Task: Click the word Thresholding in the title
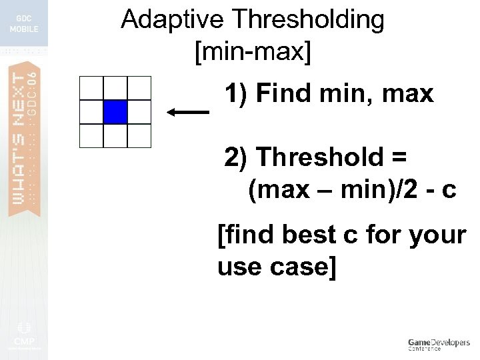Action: (x=309, y=20)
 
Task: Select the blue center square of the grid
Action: (x=115, y=111)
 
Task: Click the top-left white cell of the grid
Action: (x=91, y=88)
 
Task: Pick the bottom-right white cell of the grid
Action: (x=139, y=135)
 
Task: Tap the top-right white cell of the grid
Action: (x=139, y=88)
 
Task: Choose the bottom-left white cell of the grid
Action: (x=91, y=135)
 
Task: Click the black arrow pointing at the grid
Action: (x=188, y=113)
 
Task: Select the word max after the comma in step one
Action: (x=407, y=94)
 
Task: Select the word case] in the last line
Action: (x=305, y=267)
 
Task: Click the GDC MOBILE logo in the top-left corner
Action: (x=24, y=24)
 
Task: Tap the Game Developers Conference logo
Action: (x=438, y=344)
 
